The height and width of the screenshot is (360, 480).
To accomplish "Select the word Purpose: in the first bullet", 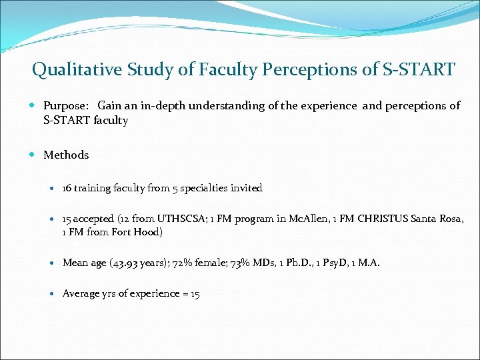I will [x=65, y=105].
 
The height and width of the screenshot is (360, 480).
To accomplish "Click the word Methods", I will [x=66, y=155].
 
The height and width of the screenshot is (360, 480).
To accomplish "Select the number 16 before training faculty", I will [x=67, y=188].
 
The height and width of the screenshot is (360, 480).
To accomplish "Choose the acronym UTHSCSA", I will [x=181, y=219].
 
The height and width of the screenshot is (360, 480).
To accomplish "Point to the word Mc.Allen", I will [x=306, y=219].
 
